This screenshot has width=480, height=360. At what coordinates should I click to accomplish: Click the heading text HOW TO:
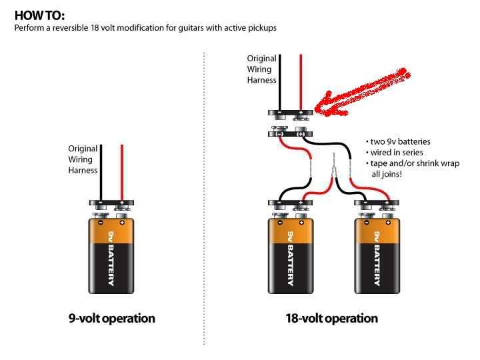point(40,15)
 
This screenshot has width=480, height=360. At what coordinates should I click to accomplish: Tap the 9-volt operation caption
point(111,318)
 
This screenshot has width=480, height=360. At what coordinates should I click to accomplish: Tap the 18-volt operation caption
point(331,318)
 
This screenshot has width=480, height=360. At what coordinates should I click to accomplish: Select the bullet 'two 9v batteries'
point(398,141)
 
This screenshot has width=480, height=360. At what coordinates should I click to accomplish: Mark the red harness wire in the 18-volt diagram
point(301,80)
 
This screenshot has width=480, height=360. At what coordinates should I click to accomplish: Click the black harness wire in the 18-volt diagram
point(280,80)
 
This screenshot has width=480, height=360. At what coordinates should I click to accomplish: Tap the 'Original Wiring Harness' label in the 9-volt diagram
point(83,159)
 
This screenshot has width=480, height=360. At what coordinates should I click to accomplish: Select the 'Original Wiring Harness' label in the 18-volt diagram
point(261,69)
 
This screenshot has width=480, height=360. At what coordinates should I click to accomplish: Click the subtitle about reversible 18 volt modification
point(145,28)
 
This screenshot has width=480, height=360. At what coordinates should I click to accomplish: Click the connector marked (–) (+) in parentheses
point(290,133)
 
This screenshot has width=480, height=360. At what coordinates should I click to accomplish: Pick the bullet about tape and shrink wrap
point(412,168)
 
